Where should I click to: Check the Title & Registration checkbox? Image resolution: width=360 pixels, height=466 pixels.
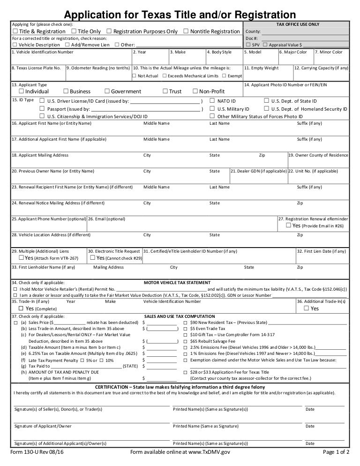click(15, 31)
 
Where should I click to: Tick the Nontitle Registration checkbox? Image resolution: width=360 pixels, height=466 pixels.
click(187, 31)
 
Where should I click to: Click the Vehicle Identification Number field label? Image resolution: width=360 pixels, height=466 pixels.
click(43, 52)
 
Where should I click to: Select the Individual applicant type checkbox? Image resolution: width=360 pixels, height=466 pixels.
click(22, 91)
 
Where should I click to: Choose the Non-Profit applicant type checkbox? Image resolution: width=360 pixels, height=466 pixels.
click(195, 91)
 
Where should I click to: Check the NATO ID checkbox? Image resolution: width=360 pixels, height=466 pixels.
click(212, 101)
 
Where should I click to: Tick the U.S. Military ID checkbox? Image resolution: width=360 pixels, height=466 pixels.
click(212, 109)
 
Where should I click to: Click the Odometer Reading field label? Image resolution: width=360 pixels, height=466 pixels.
click(98, 68)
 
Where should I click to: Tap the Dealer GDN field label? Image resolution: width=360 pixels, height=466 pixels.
click(258, 171)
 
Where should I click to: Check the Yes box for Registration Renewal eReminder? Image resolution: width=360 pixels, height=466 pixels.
click(288, 225)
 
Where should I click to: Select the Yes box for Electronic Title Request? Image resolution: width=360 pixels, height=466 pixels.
click(92, 258)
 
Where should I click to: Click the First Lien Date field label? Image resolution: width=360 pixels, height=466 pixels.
click(322, 251)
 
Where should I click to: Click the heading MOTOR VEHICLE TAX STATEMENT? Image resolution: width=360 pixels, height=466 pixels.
click(177, 283)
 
